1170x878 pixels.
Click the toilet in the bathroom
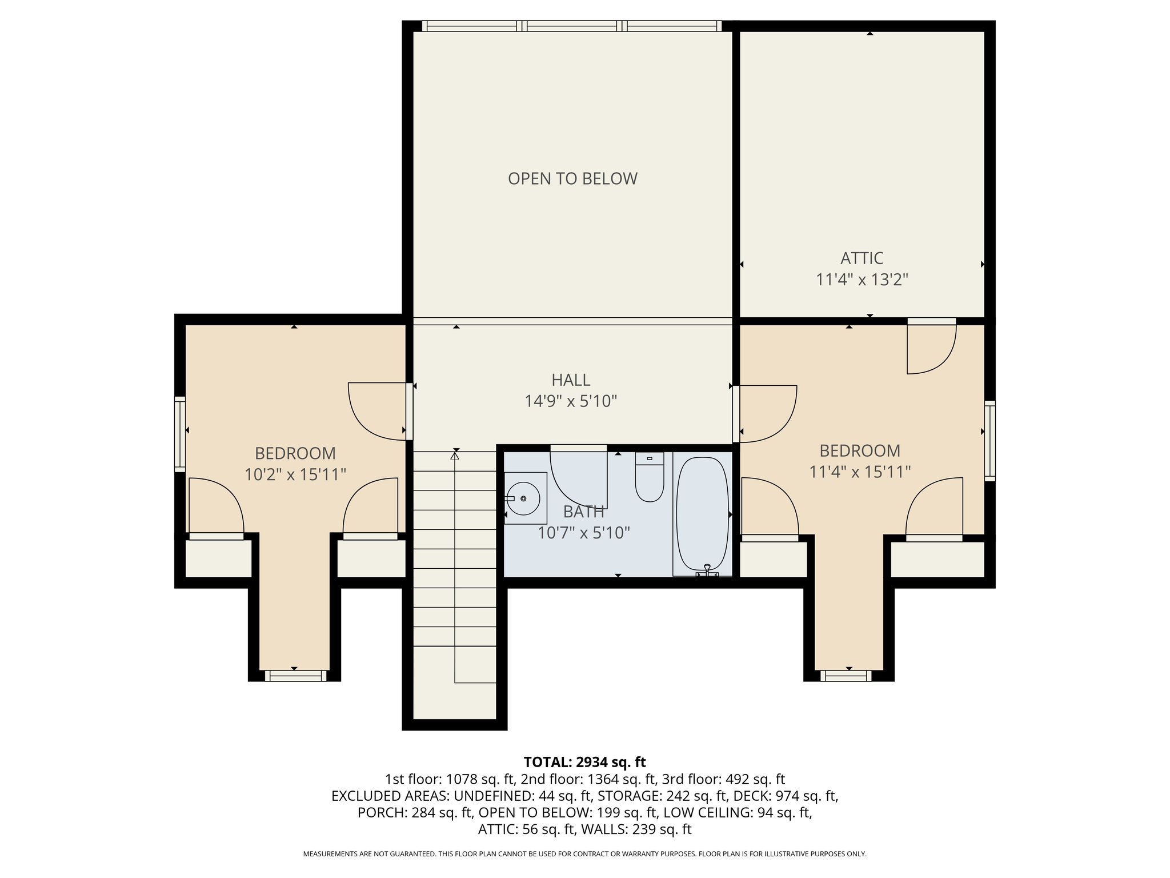[x=650, y=478]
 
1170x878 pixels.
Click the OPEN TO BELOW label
[x=572, y=179]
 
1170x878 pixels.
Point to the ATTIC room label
[x=862, y=258]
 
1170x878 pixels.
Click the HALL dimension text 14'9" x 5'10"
[x=571, y=401]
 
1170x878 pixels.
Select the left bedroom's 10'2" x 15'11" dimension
[x=295, y=474]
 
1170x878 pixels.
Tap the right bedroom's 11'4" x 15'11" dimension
[x=860, y=472]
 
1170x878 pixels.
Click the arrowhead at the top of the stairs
[x=455, y=456]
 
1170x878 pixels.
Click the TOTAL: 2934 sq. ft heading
[x=584, y=762]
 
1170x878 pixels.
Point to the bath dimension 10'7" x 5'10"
[x=583, y=533]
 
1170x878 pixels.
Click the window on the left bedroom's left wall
[x=180, y=434]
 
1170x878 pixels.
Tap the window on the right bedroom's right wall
[x=989, y=440]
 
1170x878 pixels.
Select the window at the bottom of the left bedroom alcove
[x=295, y=676]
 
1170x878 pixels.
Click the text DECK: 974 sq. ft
[x=786, y=796]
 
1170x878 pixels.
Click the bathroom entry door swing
[x=578, y=479]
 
